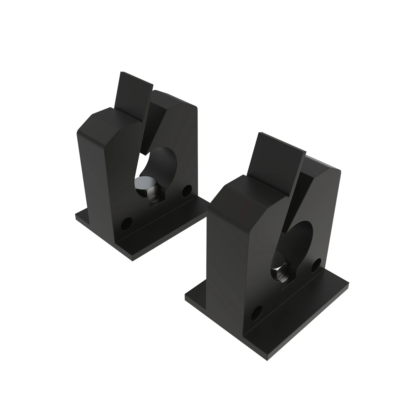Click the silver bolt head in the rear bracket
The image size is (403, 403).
(x=144, y=184)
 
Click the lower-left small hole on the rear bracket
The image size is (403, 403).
(x=127, y=223)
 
